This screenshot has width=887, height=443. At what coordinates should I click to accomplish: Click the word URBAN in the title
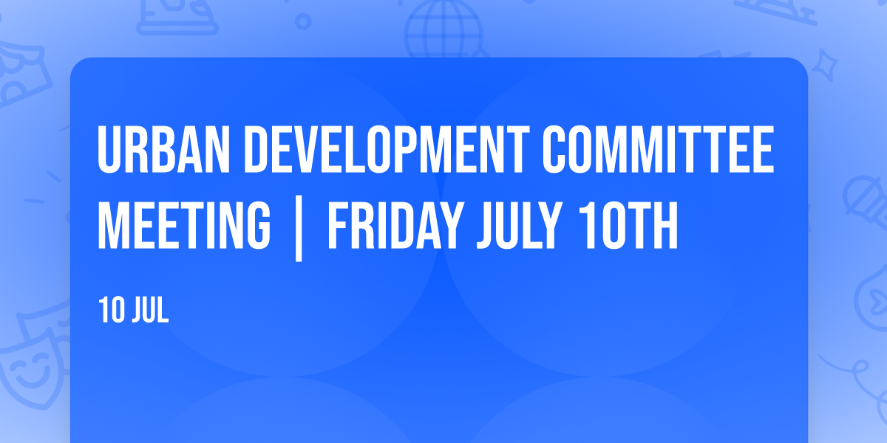pos(163,149)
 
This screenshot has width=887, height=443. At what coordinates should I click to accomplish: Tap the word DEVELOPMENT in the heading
pos(387,149)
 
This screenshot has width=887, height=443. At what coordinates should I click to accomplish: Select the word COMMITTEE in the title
pos(658,149)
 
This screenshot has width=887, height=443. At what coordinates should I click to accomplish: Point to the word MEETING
pos(184,225)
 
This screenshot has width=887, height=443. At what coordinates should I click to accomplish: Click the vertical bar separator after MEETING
pos(299,228)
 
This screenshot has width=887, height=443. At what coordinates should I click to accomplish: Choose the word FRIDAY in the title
pos(395,225)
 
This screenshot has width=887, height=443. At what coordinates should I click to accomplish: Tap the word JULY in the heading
pos(520,225)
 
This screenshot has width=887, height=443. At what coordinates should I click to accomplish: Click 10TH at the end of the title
pos(628,225)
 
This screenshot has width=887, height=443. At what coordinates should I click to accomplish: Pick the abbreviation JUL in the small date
pos(151,310)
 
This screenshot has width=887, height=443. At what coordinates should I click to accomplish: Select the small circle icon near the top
pos(303,21)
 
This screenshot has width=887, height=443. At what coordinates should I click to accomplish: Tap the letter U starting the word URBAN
pos(109,149)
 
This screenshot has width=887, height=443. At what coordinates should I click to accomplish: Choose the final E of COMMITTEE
pos(762,149)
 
